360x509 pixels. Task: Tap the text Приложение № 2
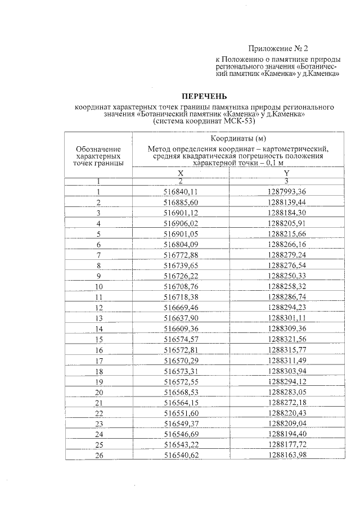[x=278, y=49]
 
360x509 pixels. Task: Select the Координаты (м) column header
[x=238, y=138]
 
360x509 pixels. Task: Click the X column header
[x=181, y=174]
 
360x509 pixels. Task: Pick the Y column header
[x=286, y=174]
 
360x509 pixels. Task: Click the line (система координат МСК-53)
[x=205, y=121]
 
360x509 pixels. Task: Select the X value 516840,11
[x=181, y=192]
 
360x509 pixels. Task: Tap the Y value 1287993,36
[x=286, y=192]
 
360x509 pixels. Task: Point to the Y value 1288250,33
[x=286, y=276]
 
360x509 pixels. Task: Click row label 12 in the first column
[x=98, y=308]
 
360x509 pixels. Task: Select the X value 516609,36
[x=181, y=328]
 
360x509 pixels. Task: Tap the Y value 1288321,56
[x=286, y=339]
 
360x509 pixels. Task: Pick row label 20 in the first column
[x=98, y=392]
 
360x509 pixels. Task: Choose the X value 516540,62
[x=181, y=455]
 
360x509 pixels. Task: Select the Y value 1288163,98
[x=286, y=455]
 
